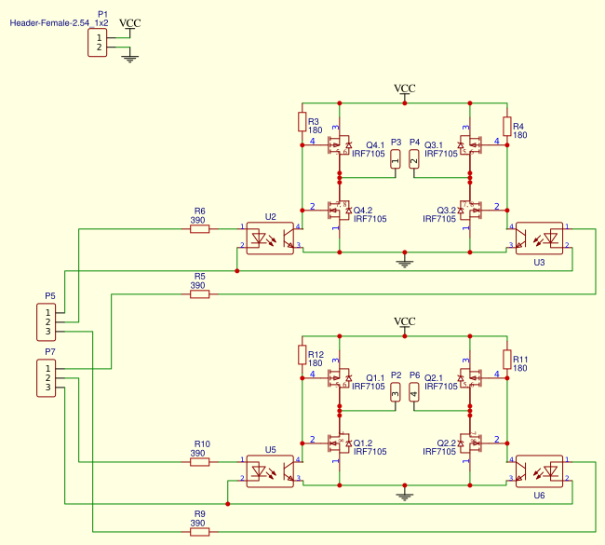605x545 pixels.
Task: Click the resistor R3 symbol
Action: [x=302, y=122]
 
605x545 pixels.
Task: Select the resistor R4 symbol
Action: [x=507, y=126]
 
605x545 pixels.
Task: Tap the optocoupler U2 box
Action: [x=270, y=238]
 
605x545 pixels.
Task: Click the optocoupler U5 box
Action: [x=270, y=470]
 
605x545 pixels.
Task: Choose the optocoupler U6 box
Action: [x=540, y=470]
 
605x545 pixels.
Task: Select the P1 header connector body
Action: [x=98, y=43]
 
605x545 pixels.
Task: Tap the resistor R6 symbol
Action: [x=200, y=228]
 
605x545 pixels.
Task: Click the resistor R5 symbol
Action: [x=200, y=294]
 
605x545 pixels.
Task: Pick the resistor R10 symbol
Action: [x=200, y=461]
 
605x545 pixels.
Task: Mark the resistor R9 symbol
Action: [x=200, y=531]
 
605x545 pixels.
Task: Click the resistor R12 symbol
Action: [x=302, y=355]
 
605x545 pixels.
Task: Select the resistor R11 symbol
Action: [x=507, y=359]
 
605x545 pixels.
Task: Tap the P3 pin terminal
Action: [x=396, y=159]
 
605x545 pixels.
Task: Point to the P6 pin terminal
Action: [x=414, y=392]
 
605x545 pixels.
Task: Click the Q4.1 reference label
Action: [x=375, y=145]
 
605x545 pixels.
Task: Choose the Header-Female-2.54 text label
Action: [x=48, y=21]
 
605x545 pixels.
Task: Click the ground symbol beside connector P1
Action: [x=130, y=59]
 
